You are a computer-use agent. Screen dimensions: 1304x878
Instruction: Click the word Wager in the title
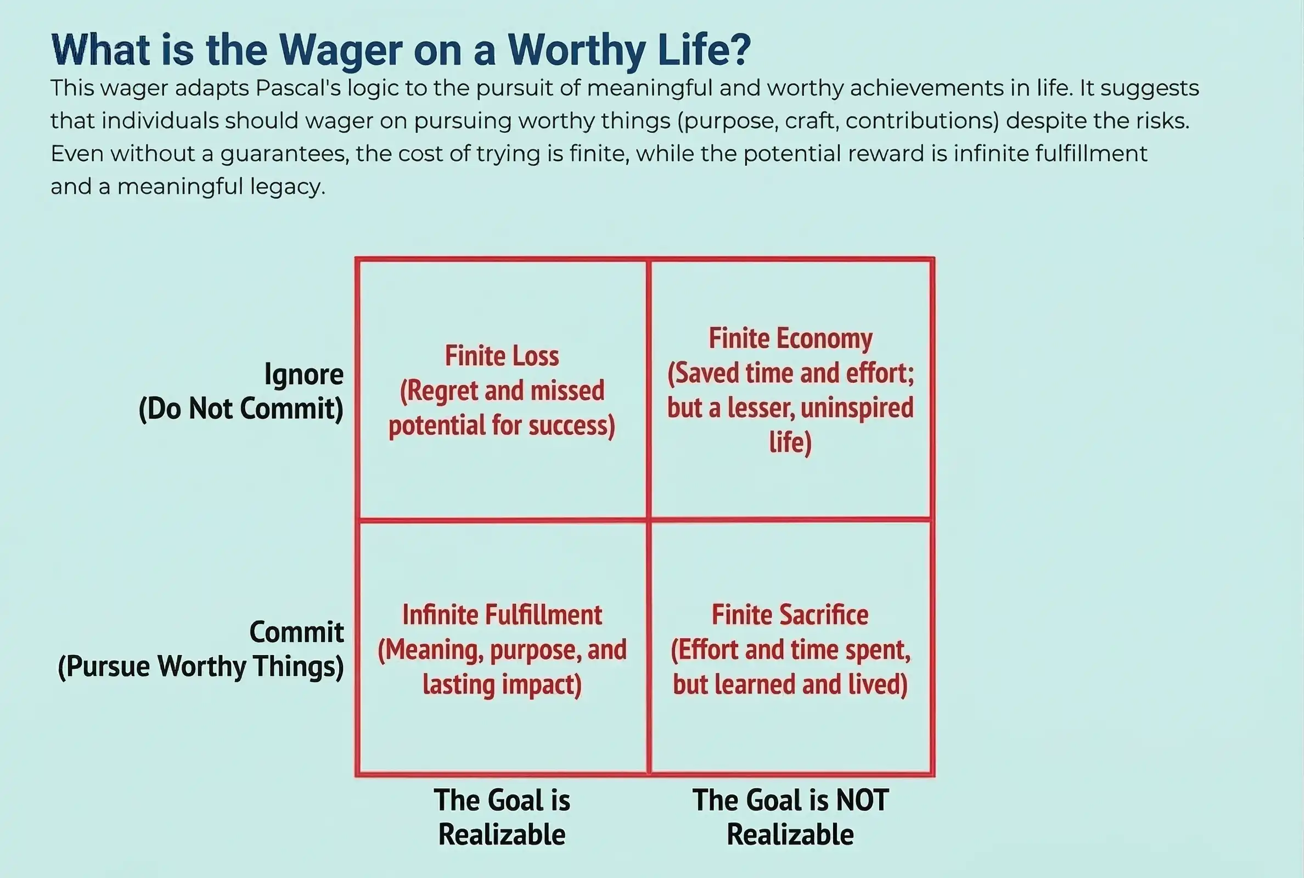pyautogui.click(x=340, y=51)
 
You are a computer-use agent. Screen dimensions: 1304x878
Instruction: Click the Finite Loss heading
pyautogui.click(x=502, y=356)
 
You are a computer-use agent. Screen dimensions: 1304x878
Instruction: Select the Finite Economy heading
pyautogui.click(x=790, y=338)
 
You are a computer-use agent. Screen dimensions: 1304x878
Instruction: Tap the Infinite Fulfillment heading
pyautogui.click(x=502, y=615)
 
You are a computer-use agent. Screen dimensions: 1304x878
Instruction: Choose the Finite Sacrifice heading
pyautogui.click(x=790, y=615)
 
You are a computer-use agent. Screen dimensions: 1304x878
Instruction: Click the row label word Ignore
pyautogui.click(x=304, y=374)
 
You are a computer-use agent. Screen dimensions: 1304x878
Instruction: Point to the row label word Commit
pyautogui.click(x=296, y=632)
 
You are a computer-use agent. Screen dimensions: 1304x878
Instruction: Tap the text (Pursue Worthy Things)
pyautogui.click(x=201, y=667)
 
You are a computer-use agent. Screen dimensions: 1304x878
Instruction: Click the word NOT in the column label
pyautogui.click(x=862, y=800)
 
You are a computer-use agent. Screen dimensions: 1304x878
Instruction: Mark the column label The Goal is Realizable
pyautogui.click(x=502, y=818)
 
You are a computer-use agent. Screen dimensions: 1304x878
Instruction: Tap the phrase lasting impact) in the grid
pyautogui.click(x=502, y=684)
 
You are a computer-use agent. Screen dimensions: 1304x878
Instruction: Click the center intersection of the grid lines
pyautogui.click(x=649, y=520)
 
